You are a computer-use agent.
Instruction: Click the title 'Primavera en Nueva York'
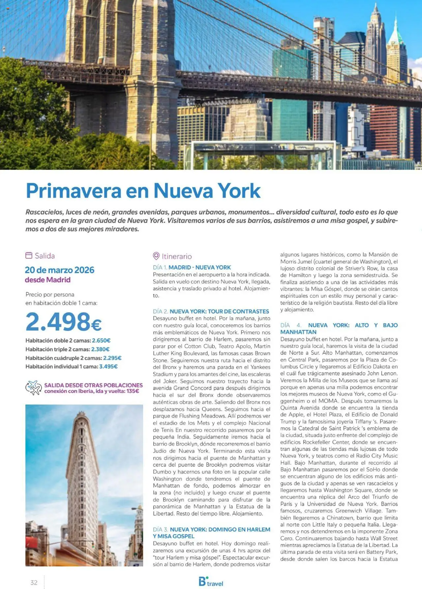[143, 191]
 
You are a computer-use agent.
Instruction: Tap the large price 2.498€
[63, 322]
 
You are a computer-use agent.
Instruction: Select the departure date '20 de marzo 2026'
[60, 270]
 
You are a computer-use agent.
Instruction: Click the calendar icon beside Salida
[29, 255]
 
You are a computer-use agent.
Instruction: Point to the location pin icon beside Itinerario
[156, 256]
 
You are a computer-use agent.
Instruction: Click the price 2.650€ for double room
[101, 340]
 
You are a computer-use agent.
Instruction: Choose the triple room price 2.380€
[100, 349]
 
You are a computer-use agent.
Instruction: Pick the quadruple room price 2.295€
[112, 358]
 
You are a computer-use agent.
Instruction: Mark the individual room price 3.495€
[108, 367]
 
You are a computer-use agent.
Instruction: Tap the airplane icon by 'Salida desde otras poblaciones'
[33, 388]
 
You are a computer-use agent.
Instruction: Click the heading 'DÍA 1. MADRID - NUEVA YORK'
[192, 267]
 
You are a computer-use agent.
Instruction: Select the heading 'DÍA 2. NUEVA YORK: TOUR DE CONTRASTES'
[211, 311]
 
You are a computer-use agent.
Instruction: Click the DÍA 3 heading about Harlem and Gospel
[211, 533]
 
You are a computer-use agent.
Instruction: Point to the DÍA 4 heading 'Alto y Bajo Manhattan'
[339, 329]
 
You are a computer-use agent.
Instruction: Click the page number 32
[34, 582]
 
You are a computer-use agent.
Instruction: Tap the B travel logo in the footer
[211, 582]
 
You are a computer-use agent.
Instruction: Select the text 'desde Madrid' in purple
[48, 280]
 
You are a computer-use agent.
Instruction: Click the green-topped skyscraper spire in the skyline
[396, 31]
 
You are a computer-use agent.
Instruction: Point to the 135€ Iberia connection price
[133, 391]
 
